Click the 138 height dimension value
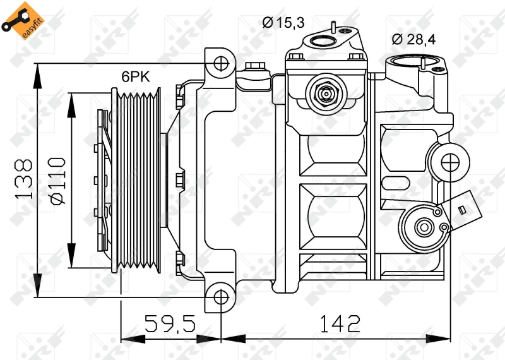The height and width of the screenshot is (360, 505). click(24, 179)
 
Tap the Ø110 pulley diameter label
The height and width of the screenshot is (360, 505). click(57, 180)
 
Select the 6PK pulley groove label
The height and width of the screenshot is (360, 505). click(135, 77)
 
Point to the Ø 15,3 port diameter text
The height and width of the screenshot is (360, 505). click(283, 23)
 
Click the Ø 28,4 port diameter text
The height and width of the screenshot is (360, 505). click(413, 39)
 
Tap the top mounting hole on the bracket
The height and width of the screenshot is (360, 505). click(220, 63)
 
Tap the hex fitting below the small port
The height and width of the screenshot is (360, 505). click(326, 94)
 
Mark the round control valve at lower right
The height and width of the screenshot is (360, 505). click(424, 226)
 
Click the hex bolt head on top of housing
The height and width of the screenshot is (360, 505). click(256, 66)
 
